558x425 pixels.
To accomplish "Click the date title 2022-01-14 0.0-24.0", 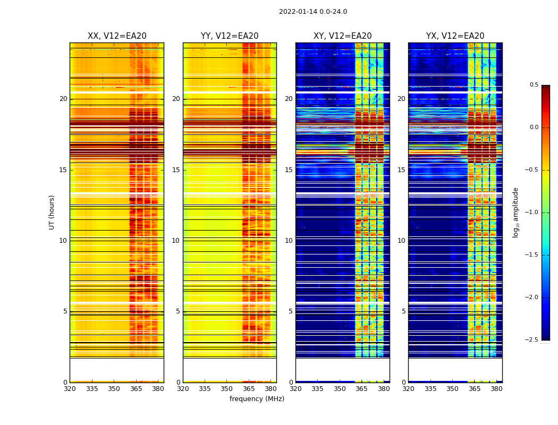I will click(313, 12).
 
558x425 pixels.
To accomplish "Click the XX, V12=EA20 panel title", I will click(117, 36).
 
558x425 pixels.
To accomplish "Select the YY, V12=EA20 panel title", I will click(230, 36).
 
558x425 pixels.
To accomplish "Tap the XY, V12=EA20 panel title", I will click(343, 36).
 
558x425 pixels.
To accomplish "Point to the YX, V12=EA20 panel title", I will click(455, 36).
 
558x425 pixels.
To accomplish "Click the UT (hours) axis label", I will click(52, 212).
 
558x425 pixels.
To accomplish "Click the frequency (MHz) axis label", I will click(257, 399).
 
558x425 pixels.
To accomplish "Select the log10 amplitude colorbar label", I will click(515, 212).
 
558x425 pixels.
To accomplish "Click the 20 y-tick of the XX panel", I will click(64, 99).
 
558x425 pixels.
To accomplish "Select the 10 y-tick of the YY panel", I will click(176, 241).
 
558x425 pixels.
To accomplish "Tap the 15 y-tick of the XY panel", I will click(289, 170).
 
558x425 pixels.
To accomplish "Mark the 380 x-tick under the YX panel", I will click(496, 388).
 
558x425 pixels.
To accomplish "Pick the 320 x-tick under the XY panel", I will click(296, 388).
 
